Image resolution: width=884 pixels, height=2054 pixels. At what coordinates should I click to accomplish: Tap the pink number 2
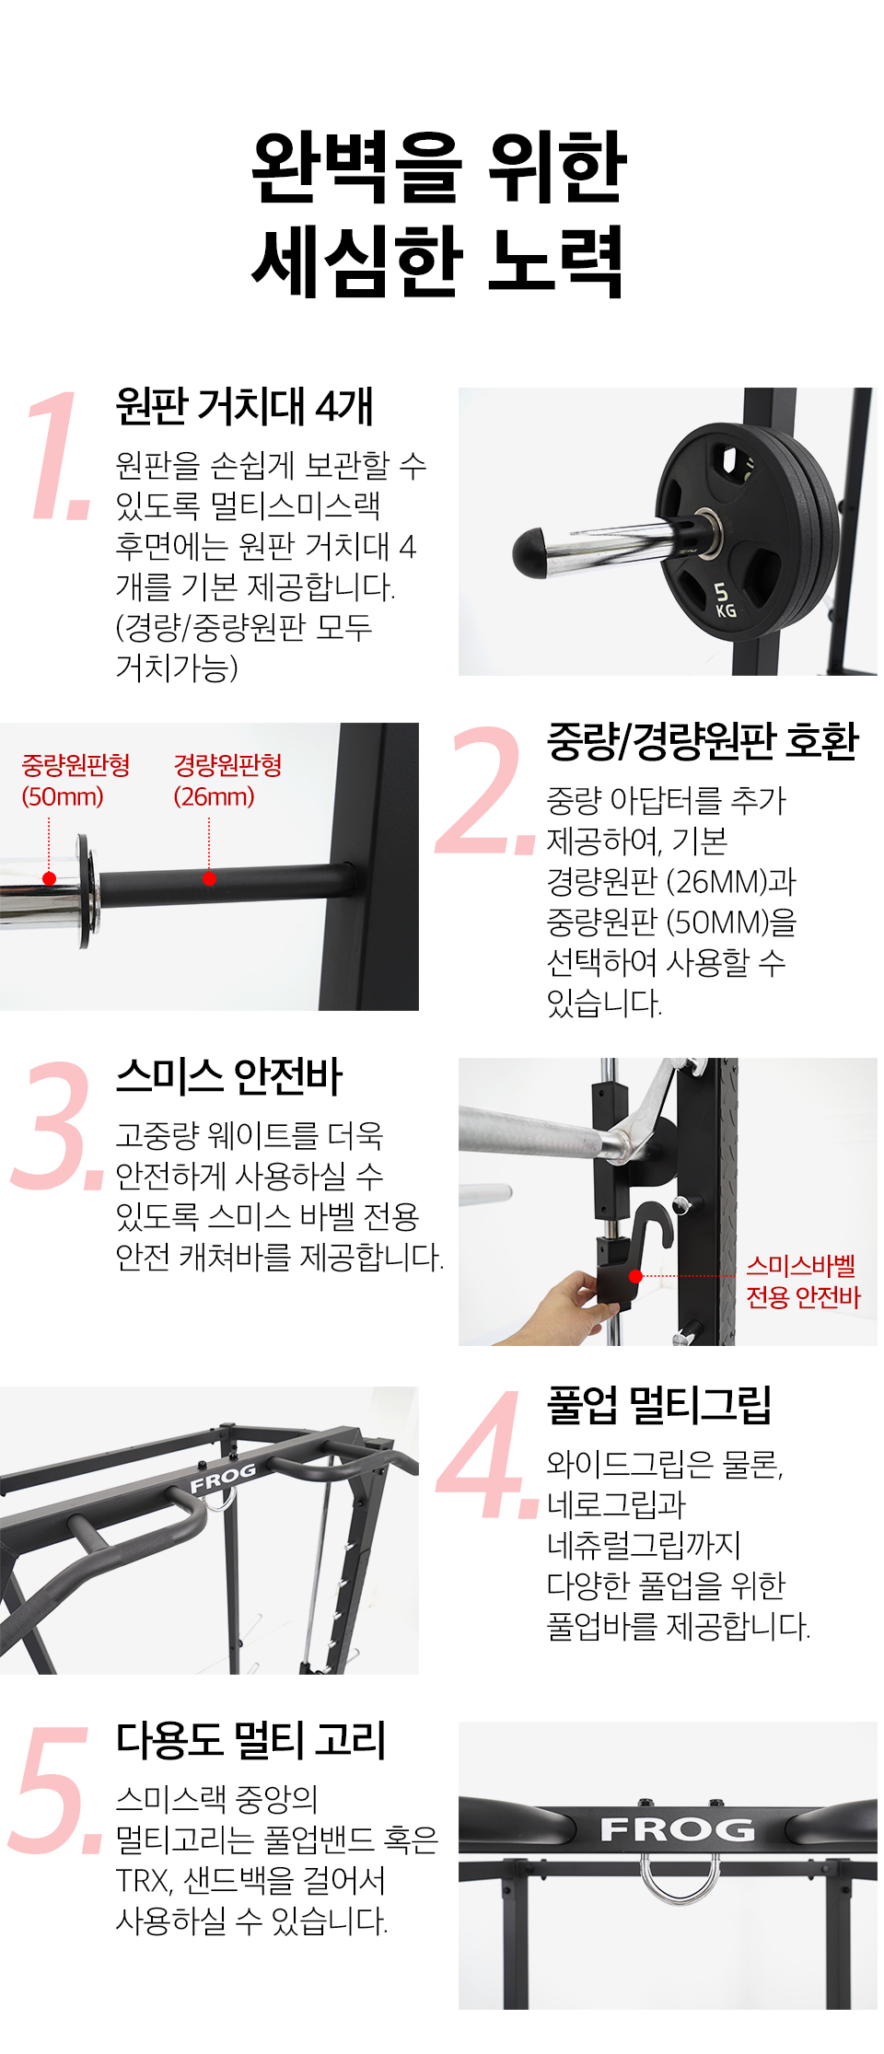click(x=485, y=790)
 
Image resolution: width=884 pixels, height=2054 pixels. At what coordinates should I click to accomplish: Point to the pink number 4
click(x=486, y=1454)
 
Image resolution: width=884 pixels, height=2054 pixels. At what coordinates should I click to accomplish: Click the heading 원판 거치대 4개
click(x=244, y=406)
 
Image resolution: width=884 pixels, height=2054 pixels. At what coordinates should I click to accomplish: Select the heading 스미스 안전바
click(x=229, y=1076)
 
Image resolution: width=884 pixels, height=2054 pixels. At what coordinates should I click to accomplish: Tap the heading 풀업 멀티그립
click(x=659, y=1405)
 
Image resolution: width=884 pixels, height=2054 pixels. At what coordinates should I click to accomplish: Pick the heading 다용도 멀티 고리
click(x=251, y=1740)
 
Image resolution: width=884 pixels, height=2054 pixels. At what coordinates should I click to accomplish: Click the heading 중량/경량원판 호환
click(x=703, y=741)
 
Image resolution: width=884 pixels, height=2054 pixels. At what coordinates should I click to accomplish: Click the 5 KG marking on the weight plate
click(x=725, y=599)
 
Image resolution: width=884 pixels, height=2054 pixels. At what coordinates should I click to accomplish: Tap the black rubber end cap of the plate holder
click(x=533, y=552)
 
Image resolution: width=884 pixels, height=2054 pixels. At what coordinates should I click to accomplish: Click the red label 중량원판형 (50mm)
click(x=76, y=781)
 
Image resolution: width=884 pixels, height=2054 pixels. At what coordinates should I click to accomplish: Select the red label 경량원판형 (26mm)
click(x=227, y=781)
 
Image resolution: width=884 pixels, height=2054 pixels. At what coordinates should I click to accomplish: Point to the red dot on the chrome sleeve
click(x=50, y=879)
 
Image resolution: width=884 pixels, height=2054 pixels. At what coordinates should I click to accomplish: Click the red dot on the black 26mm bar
click(x=209, y=878)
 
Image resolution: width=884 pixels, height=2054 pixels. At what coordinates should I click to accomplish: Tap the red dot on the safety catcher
click(x=635, y=1276)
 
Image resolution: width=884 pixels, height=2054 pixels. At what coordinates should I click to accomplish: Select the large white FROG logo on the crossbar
click(x=678, y=1828)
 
